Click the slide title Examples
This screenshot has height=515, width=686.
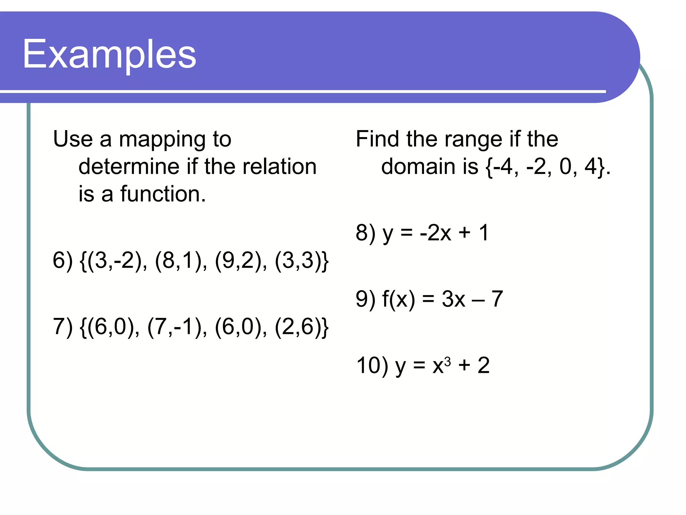pos(109,54)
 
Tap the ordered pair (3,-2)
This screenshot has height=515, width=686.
pos(118,261)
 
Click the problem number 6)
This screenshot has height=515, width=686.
pos(63,261)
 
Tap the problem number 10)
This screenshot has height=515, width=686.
pos(372,365)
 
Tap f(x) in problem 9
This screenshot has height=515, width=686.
pos(398,299)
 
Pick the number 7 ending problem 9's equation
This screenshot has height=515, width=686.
pos(497,299)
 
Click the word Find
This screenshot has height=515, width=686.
pos(378,139)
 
